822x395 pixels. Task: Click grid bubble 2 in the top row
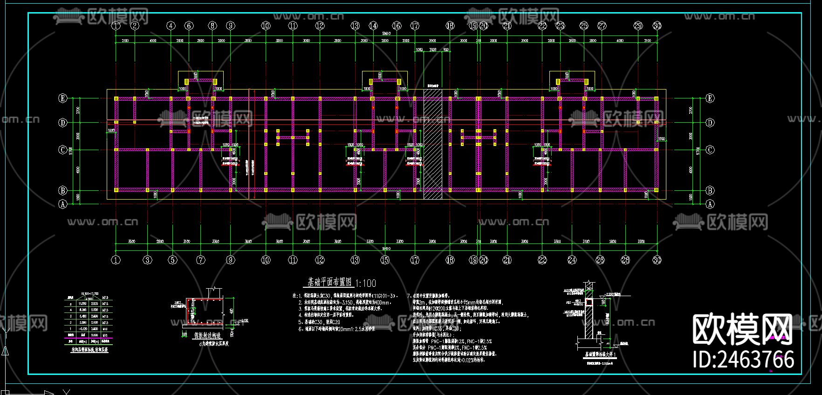tap(135, 26)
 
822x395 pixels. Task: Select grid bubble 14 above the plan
tap(373, 26)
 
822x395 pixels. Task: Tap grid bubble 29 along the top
tap(638, 26)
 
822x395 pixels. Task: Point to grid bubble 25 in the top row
tap(584, 26)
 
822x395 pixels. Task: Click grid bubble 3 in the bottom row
tap(147, 260)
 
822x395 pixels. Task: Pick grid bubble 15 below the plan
tap(385, 260)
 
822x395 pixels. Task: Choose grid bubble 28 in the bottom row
tap(625, 260)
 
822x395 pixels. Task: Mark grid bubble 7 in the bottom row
tap(201, 260)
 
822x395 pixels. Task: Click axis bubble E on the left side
tap(62, 98)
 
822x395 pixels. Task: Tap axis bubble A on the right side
tap(710, 204)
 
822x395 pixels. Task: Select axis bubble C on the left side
tap(62, 150)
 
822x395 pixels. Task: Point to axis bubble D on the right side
tap(710, 123)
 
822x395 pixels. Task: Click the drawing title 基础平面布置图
tap(329, 282)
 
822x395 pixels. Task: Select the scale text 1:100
tap(365, 283)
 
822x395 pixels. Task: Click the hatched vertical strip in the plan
tap(432, 145)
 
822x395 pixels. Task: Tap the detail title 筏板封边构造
tap(207, 335)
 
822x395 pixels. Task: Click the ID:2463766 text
tap(744, 360)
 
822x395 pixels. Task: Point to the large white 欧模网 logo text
tap(742, 330)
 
